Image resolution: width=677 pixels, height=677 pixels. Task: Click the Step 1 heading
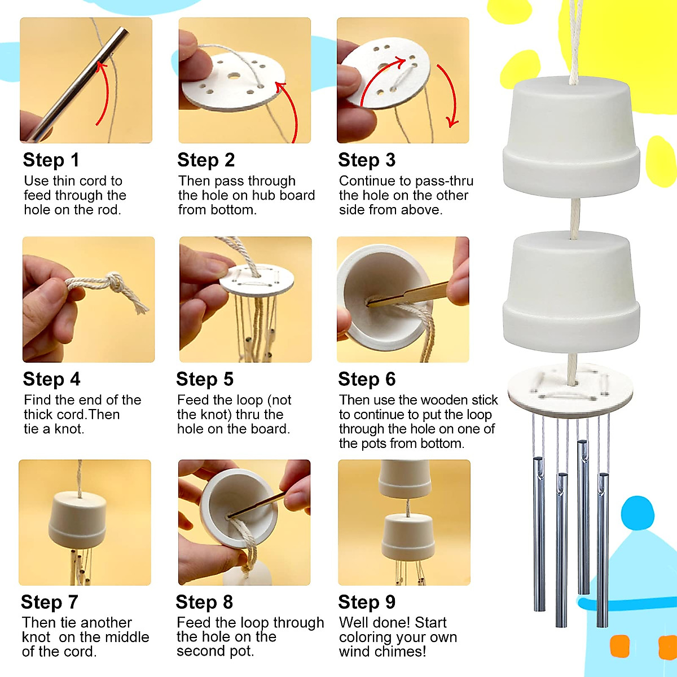[51, 160]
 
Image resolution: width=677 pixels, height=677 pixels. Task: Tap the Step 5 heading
[205, 379]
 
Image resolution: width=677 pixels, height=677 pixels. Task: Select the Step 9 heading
[367, 602]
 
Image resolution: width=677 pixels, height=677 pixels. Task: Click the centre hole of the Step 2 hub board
[234, 76]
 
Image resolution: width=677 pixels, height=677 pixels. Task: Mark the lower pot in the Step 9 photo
[407, 538]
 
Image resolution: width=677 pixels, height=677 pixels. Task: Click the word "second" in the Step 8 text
[197, 651]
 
